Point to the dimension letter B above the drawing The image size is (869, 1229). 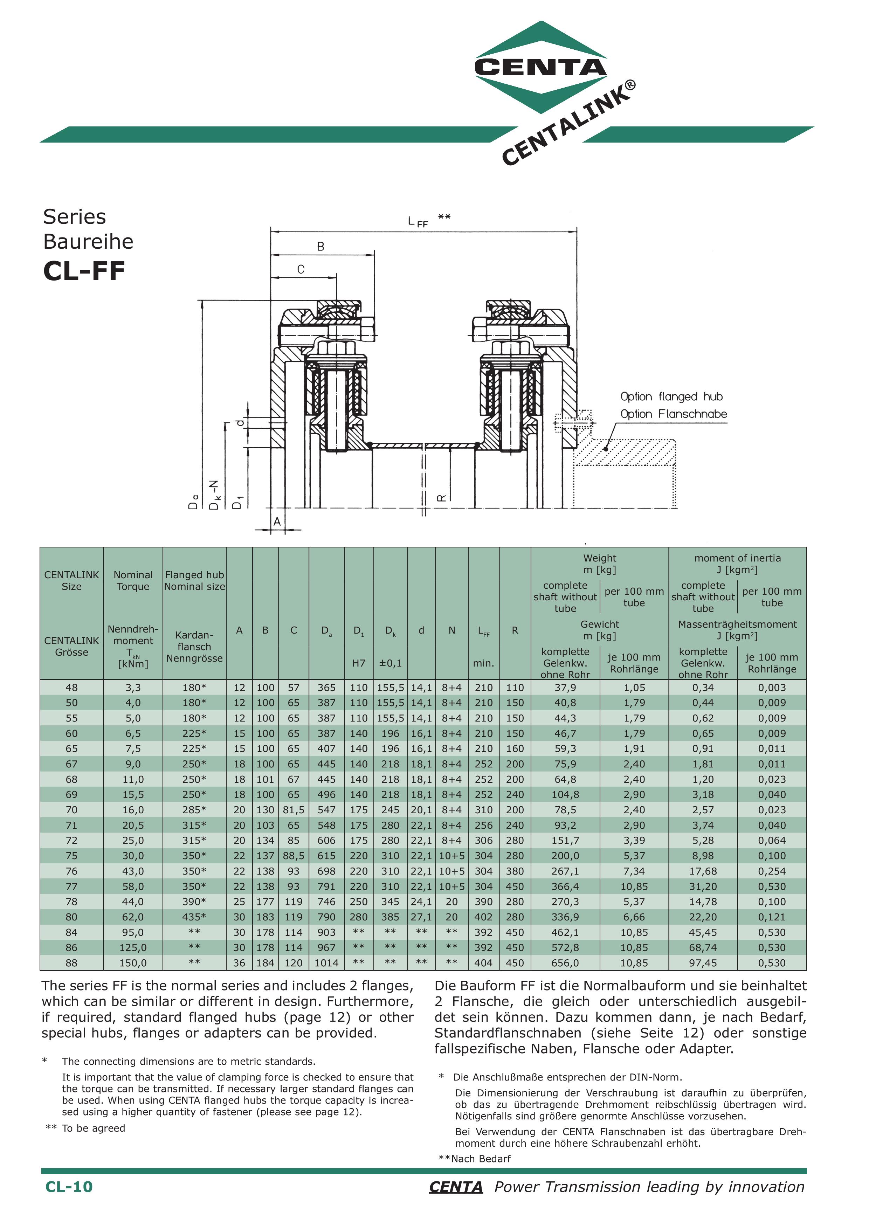coord(321,247)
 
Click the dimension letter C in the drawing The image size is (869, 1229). coord(301,269)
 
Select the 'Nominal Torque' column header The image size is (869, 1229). coord(133,580)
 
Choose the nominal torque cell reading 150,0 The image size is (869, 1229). coord(133,963)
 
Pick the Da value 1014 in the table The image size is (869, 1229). coord(326,963)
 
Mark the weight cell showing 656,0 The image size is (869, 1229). coord(565,963)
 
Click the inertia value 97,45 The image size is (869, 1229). coord(703,963)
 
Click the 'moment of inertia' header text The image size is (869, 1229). coord(737,558)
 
